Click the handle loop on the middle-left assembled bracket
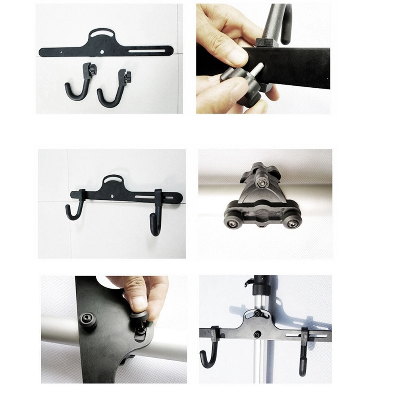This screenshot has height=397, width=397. [114, 179]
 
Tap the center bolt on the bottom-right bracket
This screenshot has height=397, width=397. [256, 335]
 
